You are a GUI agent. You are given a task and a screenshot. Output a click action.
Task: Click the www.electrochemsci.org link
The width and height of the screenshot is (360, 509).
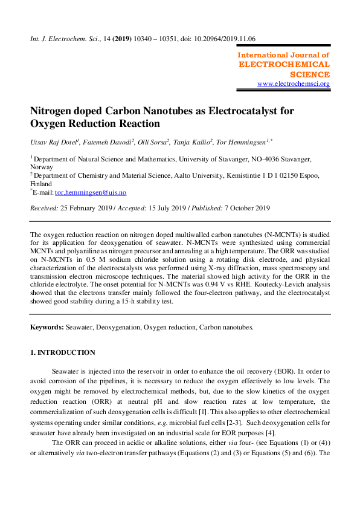tap(294, 83)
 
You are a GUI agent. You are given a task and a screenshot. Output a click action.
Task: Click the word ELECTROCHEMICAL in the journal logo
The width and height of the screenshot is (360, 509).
tap(284, 64)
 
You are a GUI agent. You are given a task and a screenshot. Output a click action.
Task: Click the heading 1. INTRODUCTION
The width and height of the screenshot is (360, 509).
tap(63, 352)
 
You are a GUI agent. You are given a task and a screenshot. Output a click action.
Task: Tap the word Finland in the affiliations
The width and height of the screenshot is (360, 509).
tap(41, 184)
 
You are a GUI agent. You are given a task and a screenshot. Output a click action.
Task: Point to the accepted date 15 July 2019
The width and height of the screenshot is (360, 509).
tap(165, 208)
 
